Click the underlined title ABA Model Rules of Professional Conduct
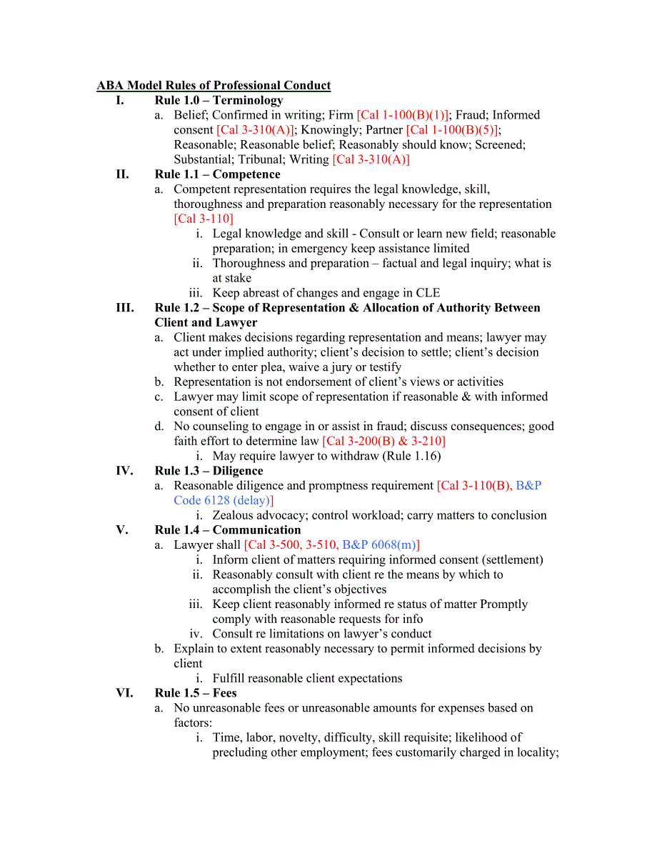(x=214, y=86)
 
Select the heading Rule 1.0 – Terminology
(x=219, y=101)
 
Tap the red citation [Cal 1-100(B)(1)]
(x=403, y=115)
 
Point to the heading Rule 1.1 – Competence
(x=217, y=174)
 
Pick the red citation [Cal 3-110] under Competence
(x=204, y=219)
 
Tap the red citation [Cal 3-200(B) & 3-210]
(x=383, y=441)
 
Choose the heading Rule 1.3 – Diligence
(x=209, y=471)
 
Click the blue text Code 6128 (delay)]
(x=224, y=500)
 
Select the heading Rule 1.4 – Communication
(x=227, y=530)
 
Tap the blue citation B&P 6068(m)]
(x=381, y=544)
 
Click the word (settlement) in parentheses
(x=509, y=559)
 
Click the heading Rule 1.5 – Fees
(x=195, y=693)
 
